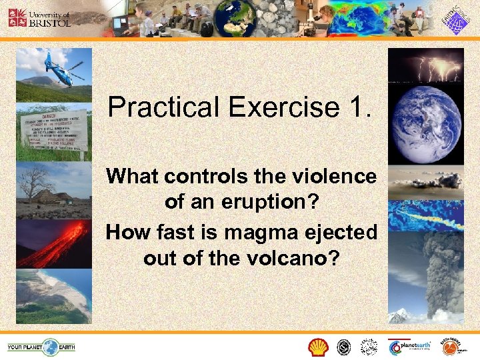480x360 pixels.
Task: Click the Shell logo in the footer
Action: click(x=318, y=347)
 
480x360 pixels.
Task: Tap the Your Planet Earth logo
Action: click(x=41, y=347)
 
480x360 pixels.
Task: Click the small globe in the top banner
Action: click(x=249, y=19)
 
